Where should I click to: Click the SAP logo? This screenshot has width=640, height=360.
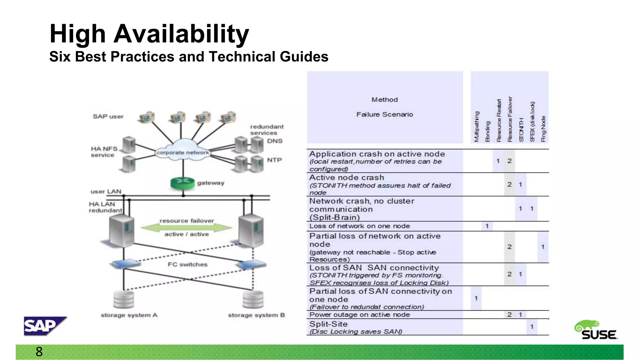pos(45,326)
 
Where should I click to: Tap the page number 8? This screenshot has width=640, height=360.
pos(39,352)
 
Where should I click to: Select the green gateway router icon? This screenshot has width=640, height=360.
pos(182,183)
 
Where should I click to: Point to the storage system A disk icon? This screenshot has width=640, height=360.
pos(124,299)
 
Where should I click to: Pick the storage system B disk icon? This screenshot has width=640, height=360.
pos(253,299)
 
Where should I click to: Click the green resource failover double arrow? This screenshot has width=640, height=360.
pos(187,227)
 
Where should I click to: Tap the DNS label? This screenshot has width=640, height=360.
pos(275,141)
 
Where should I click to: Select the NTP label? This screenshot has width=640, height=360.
pos(274,160)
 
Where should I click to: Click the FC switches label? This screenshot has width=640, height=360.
pos(187,264)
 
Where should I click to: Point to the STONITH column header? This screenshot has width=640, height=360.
pos(521,130)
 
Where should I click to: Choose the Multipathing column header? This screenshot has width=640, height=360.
pos(476,127)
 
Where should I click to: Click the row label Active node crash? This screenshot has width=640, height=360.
pos(347,177)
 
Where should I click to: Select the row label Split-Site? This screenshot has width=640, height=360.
pos(328,324)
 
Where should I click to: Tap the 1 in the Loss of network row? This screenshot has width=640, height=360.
pos(487,226)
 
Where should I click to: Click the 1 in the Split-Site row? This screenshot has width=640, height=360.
pos(532,327)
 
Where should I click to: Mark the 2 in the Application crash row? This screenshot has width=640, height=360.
pos(509,161)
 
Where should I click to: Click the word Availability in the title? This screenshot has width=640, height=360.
pos(181,34)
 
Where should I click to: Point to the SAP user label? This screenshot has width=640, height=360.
pos(108,117)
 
